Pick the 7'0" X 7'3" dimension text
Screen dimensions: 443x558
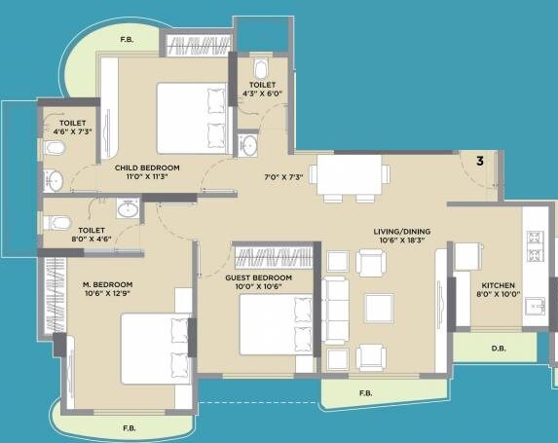(x=285, y=177)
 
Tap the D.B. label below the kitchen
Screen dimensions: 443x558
(x=499, y=347)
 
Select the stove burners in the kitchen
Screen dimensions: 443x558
(x=535, y=246)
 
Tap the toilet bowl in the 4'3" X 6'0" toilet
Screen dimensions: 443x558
(x=259, y=69)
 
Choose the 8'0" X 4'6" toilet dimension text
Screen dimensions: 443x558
(x=64, y=234)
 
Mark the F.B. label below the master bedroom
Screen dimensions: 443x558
(x=129, y=427)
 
